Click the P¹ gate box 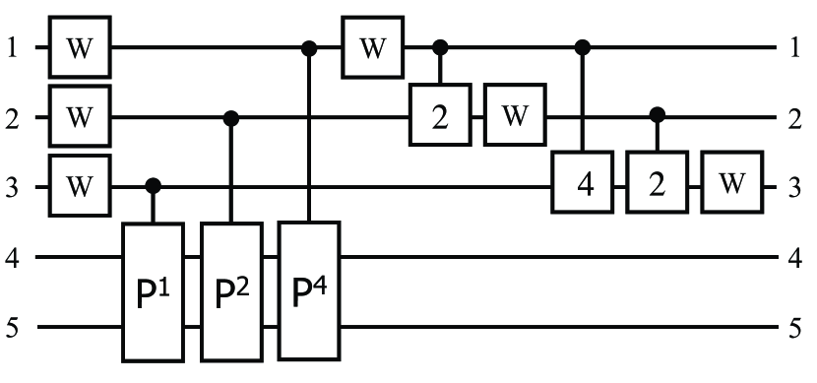point(153,291)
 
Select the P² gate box point(231,291)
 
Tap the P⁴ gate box point(309,291)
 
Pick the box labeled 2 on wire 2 point(441,117)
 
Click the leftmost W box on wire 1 point(83,46)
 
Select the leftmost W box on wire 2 point(83,117)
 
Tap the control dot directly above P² point(231,117)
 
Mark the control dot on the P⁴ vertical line point(309,46)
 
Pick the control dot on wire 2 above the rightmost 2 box point(658,117)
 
